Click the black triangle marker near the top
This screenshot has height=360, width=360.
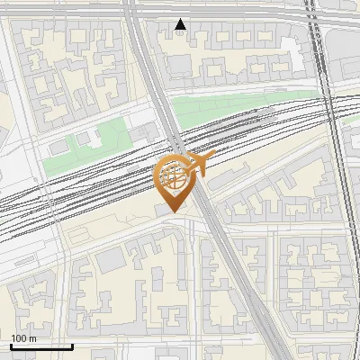click(x=181, y=24)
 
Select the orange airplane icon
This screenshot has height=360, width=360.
click(x=200, y=165)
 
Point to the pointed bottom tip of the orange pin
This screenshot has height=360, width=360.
click(x=173, y=211)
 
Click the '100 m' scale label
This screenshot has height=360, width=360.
click(x=23, y=337)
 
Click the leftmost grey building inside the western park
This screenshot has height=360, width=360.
click(x=58, y=147)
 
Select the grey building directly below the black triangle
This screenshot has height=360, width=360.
click(x=180, y=65)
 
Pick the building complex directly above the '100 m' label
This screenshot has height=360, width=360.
click(x=31, y=301)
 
